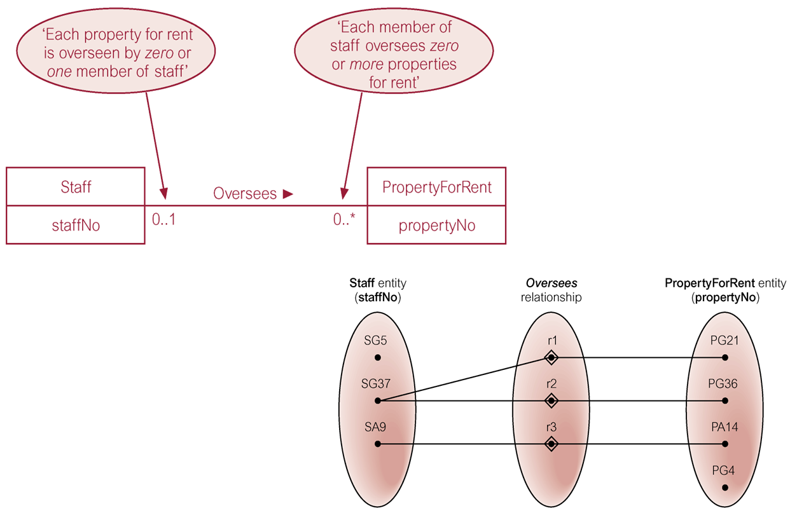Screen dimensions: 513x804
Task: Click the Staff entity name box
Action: (76, 187)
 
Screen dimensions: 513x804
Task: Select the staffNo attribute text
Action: (76, 225)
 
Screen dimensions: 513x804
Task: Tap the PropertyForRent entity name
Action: (436, 187)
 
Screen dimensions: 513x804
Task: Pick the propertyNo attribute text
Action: (436, 226)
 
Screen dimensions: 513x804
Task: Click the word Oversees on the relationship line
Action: (245, 193)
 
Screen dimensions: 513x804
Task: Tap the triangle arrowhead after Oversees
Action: (288, 193)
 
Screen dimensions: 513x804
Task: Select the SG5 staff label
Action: (375, 340)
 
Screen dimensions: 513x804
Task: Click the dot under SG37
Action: (378, 401)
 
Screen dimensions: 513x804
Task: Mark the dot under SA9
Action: (378, 444)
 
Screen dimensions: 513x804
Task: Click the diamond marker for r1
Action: (551, 358)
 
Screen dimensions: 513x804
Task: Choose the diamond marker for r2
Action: (551, 401)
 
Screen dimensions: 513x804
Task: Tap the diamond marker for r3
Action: (551, 444)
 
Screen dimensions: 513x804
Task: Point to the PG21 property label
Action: (724, 340)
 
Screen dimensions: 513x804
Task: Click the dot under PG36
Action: (724, 401)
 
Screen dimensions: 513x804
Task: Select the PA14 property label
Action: (724, 427)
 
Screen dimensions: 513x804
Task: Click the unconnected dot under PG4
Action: (724, 488)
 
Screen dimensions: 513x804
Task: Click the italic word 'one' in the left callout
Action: (59, 72)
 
